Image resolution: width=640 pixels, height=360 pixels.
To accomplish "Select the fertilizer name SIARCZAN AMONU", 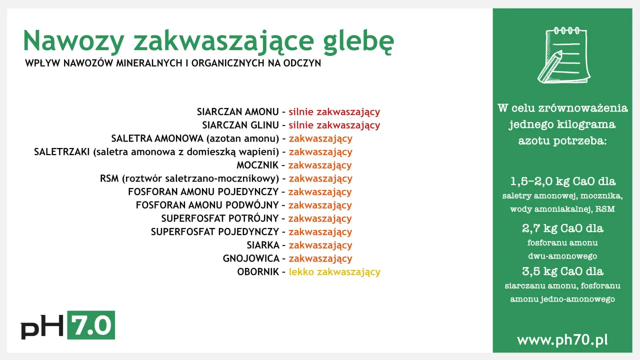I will pyautogui.click(x=238, y=112).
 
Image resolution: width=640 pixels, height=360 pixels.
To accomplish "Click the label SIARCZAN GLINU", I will pyautogui.click(x=240, y=125).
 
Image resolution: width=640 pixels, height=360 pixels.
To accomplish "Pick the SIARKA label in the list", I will pyautogui.click(x=263, y=245).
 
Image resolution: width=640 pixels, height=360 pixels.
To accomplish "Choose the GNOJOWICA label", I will pyautogui.click(x=251, y=259).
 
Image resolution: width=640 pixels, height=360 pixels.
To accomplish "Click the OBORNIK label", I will pyautogui.click(x=258, y=272).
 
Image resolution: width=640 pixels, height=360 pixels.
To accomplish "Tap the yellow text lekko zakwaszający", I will pyautogui.click(x=334, y=272).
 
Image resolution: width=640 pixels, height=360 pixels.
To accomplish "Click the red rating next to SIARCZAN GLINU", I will pyautogui.click(x=334, y=125).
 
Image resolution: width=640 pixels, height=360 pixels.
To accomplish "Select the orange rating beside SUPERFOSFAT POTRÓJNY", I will pyautogui.click(x=320, y=219).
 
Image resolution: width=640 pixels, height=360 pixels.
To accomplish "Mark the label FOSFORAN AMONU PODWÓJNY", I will pyautogui.click(x=207, y=205).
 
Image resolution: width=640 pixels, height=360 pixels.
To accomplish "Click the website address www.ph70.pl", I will pyautogui.click(x=562, y=340).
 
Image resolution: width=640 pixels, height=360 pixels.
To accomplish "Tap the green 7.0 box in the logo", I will pyautogui.click(x=90, y=325).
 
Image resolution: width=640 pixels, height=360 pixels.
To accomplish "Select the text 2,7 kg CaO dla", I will pyautogui.click(x=562, y=228).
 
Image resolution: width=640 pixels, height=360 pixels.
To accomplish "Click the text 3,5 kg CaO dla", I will pyautogui.click(x=562, y=271).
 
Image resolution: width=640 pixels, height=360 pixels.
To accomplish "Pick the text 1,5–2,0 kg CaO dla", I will pyautogui.click(x=562, y=181).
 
